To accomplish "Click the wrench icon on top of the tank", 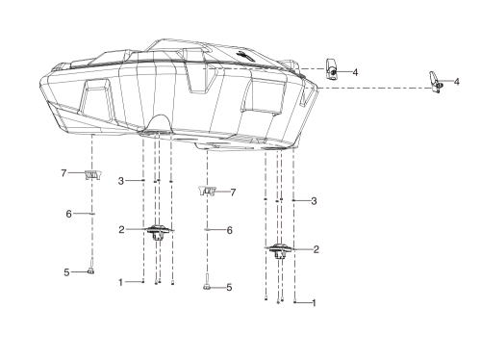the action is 245,56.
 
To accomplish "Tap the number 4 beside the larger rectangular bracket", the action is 355,72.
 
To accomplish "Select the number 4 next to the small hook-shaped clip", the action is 457,82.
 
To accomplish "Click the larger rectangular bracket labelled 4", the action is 332,68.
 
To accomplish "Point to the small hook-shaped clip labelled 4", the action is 435,82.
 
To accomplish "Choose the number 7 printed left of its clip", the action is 63,173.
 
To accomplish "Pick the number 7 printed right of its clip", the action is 233,193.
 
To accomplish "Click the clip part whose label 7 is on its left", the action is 93,175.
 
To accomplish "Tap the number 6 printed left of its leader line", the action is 68,214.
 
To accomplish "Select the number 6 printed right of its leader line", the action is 230,230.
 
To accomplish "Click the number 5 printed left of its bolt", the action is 66,272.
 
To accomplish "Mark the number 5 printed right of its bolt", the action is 229,288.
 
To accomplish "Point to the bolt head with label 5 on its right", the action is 207,287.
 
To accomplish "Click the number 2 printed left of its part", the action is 121,230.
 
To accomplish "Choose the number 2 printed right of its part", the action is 316,249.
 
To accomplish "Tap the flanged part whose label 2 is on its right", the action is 278,250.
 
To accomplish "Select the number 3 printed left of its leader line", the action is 121,181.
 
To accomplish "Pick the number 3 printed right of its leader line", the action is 314,201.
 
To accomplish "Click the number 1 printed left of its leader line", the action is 121,283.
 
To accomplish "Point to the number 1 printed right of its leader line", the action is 314,303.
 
